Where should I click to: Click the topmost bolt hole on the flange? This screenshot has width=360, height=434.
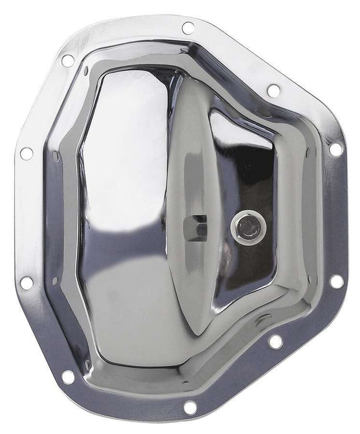[x=187, y=28]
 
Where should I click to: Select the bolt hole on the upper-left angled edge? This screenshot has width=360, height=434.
[x=68, y=61]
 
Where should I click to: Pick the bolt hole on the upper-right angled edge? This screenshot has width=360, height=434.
[x=273, y=91]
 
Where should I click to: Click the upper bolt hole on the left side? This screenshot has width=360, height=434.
[x=26, y=153]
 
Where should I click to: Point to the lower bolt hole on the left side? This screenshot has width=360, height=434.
[x=26, y=283]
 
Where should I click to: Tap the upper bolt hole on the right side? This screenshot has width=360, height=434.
[x=335, y=149]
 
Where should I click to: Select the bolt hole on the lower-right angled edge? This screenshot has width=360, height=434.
[x=276, y=341]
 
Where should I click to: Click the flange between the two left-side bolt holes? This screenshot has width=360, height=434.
[x=28, y=217]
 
